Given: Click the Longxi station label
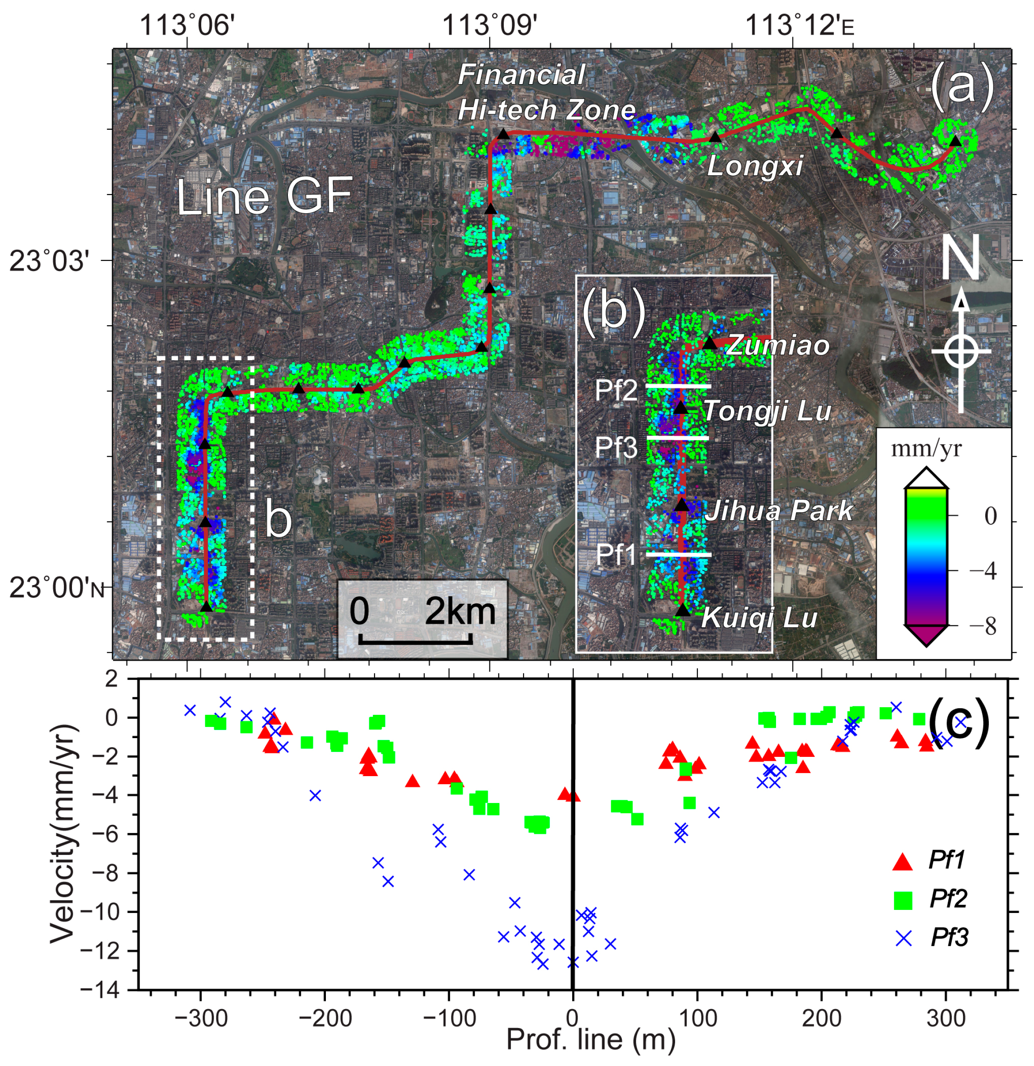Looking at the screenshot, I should point(755,166).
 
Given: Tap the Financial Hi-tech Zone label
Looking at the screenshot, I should point(546,93).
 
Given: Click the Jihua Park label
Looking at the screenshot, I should point(778,511).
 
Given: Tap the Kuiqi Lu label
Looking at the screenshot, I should point(760,618).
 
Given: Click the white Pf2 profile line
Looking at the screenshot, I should point(678,386).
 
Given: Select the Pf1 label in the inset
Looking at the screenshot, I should point(616,555).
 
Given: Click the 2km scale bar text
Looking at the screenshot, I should point(460,612).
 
